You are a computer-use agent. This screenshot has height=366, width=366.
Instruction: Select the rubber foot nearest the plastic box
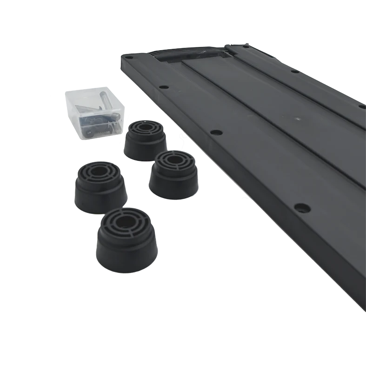tap(145, 140)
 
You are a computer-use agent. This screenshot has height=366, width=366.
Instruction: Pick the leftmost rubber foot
tap(100, 186)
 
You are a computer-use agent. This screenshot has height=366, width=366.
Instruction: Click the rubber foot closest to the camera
tap(126, 240)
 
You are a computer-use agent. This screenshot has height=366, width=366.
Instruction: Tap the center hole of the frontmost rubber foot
tap(124, 221)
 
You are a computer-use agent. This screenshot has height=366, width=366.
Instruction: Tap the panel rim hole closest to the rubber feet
tap(215, 132)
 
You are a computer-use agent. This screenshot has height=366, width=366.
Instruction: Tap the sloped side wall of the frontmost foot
tap(126, 253)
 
